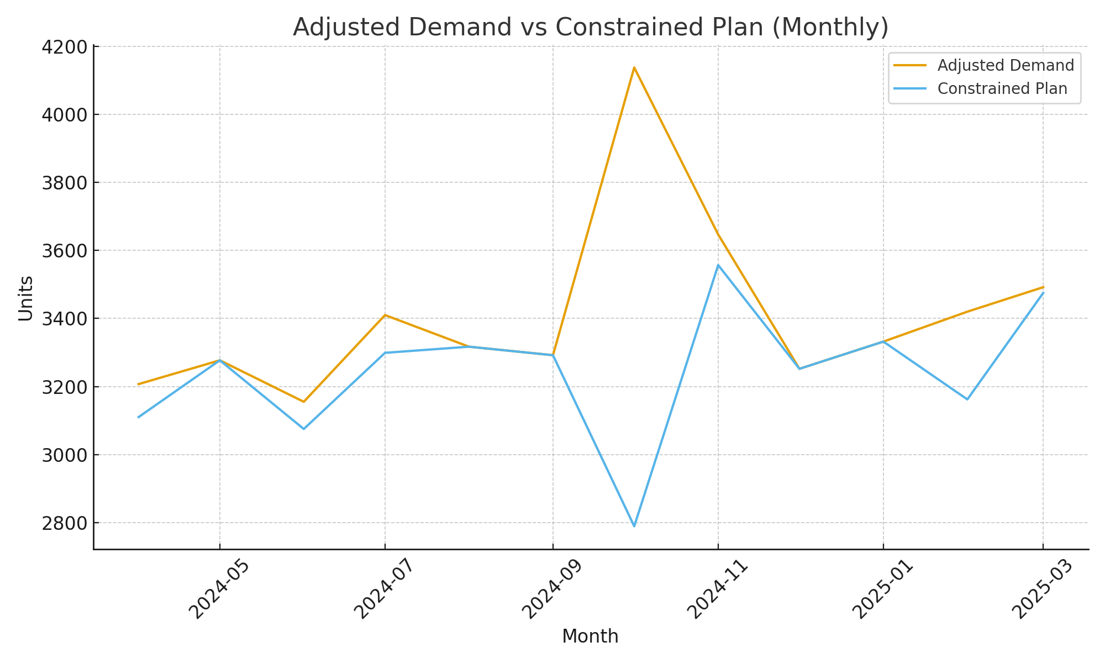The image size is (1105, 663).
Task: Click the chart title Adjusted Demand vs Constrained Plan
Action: coord(590,28)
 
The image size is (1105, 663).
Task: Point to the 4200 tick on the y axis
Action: coord(65,47)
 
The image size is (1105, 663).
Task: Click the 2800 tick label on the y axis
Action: coord(65,523)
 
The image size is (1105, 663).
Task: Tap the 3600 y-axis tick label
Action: coord(65,251)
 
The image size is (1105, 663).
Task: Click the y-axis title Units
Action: coord(25,298)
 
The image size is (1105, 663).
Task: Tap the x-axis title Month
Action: coord(590,636)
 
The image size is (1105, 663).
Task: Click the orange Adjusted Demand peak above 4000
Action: coord(634,67)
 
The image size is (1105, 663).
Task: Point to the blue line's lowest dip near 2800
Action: coord(634,526)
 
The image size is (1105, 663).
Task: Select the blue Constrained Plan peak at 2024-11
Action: coord(718,265)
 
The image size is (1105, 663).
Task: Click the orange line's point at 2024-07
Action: coord(385,315)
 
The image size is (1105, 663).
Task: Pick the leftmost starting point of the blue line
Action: coord(138,417)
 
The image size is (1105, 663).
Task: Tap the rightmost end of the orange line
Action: coord(1043,287)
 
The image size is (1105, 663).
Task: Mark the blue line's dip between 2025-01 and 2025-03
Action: coord(967,399)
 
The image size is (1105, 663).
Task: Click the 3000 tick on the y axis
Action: coord(65,455)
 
